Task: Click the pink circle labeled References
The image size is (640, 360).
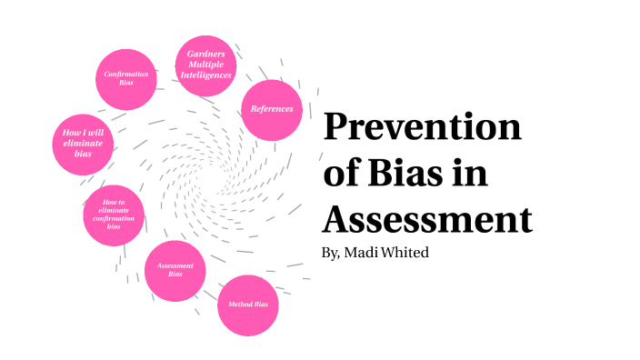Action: coord(272,109)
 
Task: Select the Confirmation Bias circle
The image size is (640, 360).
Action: coord(126,79)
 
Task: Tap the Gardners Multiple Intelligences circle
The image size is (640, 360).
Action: coord(206,65)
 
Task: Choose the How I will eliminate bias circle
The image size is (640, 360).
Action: coord(84,144)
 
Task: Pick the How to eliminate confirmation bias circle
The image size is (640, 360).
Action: coord(114,215)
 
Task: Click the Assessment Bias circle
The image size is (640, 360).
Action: coord(175,271)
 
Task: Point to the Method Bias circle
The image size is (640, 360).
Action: coord(247,305)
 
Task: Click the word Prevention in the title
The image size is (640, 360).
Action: coord(423,127)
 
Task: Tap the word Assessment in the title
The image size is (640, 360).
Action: coord(426,218)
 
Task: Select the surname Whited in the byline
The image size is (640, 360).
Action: coord(405,252)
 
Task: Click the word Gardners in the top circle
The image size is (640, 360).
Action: coord(206,55)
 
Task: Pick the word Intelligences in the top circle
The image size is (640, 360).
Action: coord(206,75)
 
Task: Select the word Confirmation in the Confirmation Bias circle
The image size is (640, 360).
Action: coord(126,75)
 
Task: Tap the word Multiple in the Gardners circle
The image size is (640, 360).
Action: coord(206,65)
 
